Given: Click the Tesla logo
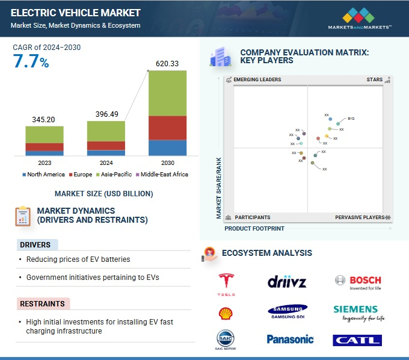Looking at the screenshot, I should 226,284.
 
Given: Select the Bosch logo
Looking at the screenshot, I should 358,282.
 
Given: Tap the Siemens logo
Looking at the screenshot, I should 355,312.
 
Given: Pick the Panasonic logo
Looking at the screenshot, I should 291,339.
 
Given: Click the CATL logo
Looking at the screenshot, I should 357,340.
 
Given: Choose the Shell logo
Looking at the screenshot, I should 225,312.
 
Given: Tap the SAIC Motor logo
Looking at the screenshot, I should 225,340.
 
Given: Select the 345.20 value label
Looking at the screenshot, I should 45,120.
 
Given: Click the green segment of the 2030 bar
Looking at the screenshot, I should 167,93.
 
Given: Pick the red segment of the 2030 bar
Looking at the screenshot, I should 167,128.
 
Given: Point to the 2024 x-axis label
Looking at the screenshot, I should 106,163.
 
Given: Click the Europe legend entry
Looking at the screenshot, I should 82,175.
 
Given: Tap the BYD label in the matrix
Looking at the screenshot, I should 351,119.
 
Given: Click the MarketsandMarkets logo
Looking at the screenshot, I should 360,19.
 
